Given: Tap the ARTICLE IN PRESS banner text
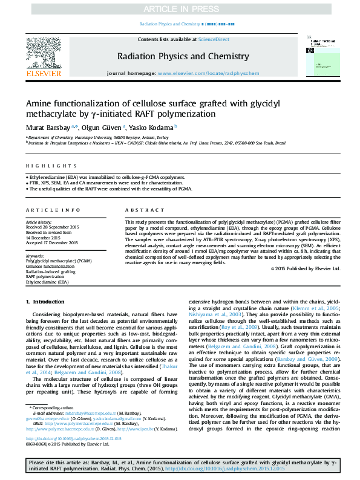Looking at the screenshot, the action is (x=180, y=9).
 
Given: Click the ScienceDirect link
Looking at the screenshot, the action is (x=214, y=39).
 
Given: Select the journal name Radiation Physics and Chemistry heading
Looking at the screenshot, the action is (x=180, y=57).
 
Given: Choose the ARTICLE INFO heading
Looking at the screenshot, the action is (x=53, y=209).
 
